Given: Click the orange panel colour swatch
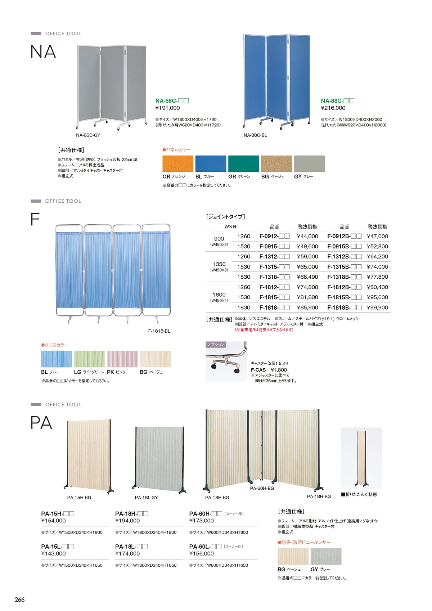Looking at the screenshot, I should (178, 164).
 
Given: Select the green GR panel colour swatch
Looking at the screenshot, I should (244, 164).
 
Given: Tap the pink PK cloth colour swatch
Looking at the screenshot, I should (122, 359).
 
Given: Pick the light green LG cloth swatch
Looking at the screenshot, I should (89, 359).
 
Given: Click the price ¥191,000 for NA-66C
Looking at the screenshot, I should (167, 108).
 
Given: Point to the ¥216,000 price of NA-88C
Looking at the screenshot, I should (333, 108).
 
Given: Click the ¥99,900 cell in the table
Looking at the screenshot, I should (377, 307).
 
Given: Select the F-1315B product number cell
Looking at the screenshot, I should (344, 267).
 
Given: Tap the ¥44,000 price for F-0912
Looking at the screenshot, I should (307, 237).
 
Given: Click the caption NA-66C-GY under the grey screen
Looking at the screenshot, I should (88, 135).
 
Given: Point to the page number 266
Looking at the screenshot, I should (20, 599).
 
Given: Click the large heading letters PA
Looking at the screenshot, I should (41, 423).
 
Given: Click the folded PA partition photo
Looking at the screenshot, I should (361, 458).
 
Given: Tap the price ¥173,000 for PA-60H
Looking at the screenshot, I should (202, 521).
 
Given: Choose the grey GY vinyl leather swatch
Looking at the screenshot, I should (326, 557).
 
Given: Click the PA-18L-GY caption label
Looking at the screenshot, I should (147, 498).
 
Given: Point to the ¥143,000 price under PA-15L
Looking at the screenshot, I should (54, 554).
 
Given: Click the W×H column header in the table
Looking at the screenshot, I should (230, 226).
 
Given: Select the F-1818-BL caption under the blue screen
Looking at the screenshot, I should (159, 331).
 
